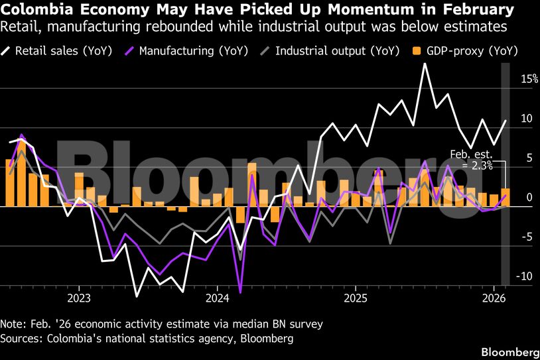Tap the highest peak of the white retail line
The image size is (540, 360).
click(x=425, y=64)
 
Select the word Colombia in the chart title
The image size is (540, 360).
click(x=32, y=10)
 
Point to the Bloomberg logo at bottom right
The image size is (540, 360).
click(x=509, y=351)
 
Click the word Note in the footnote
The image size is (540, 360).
click(x=13, y=324)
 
